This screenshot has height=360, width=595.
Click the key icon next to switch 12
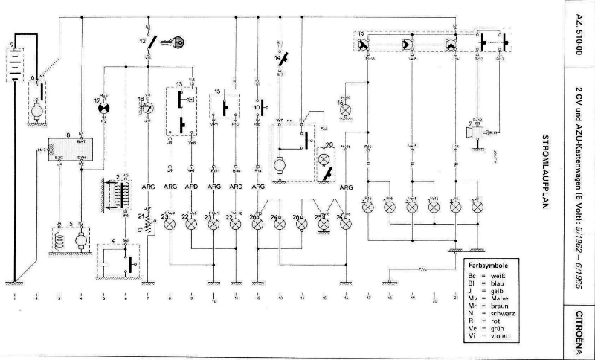point(175,42)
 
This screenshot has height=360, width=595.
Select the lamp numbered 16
point(344,110)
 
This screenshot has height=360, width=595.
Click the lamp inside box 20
point(324,158)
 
